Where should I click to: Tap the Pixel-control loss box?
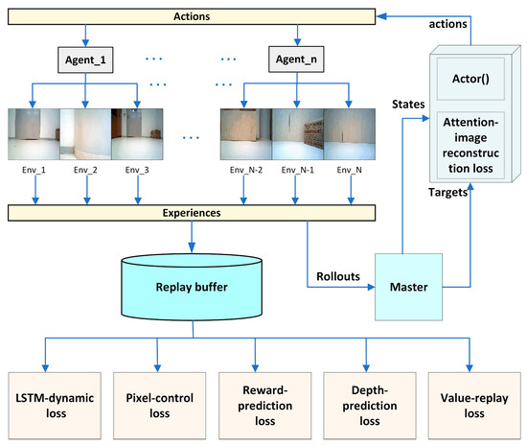point(154,403)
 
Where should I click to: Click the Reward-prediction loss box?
point(262,403)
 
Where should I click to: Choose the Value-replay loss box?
point(470,403)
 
